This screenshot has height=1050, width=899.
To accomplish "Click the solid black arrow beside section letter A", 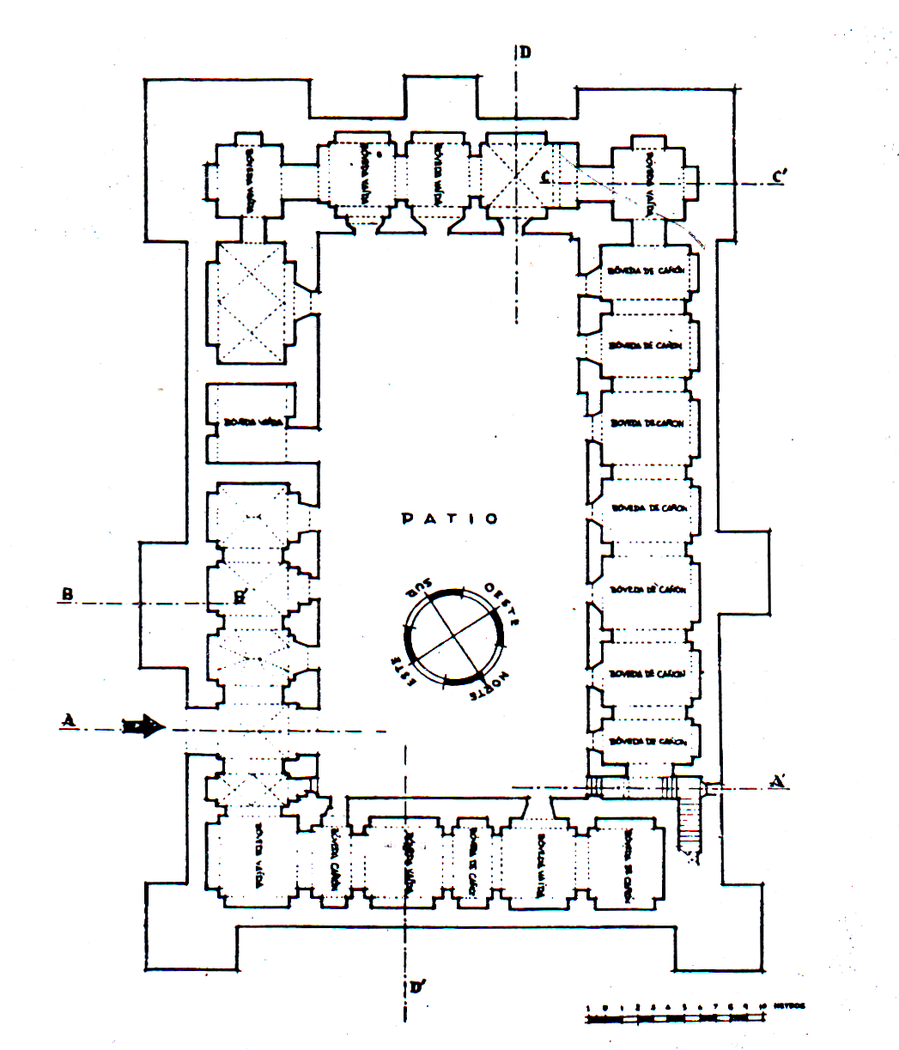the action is (x=143, y=728).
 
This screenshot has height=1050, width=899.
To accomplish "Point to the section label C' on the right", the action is (x=780, y=177).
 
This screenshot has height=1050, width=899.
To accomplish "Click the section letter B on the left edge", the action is (x=66, y=594).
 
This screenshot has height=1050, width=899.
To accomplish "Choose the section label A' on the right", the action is (x=779, y=781).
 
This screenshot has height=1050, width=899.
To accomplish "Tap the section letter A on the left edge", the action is (x=67, y=719).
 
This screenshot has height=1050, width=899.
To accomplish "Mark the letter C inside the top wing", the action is (x=544, y=178).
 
